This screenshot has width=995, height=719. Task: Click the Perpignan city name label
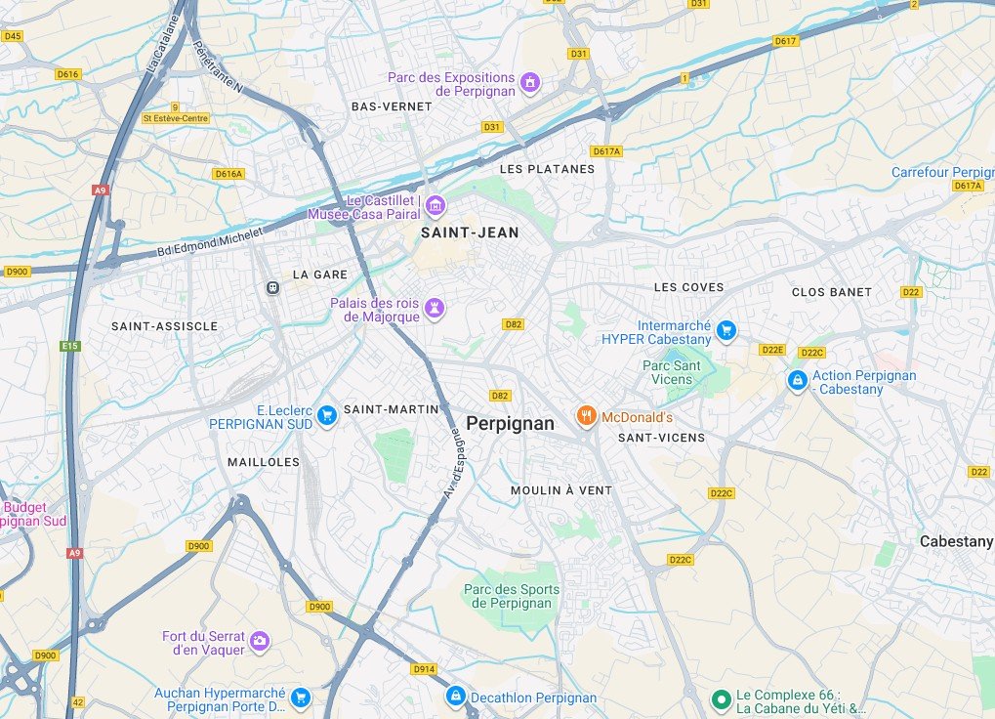(x=510, y=424)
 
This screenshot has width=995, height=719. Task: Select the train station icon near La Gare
(x=272, y=287)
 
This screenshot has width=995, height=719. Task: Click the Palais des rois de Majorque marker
(x=435, y=309)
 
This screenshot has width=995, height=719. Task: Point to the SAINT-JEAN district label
(x=470, y=233)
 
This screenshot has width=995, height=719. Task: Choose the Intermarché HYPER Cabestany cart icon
(x=726, y=331)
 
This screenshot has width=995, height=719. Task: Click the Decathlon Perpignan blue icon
(x=455, y=697)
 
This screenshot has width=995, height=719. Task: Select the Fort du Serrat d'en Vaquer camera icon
(x=259, y=641)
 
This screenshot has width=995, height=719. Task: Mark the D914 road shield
(x=424, y=669)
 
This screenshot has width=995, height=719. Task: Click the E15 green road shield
(x=69, y=346)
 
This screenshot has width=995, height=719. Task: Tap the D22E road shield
(x=772, y=350)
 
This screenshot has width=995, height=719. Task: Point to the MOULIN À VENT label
(x=561, y=490)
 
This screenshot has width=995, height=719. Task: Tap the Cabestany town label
(x=956, y=541)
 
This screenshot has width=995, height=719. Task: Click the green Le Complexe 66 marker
(x=721, y=698)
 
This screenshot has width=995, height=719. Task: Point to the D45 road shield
(x=12, y=36)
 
